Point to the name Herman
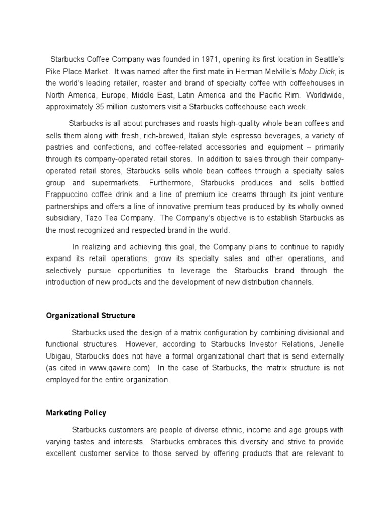pyautogui.click(x=225, y=72)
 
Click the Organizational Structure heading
pyautogui.click(x=90, y=315)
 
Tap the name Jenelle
pyautogui.click(x=332, y=344)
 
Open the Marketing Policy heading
pyautogui.click(x=76, y=413)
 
